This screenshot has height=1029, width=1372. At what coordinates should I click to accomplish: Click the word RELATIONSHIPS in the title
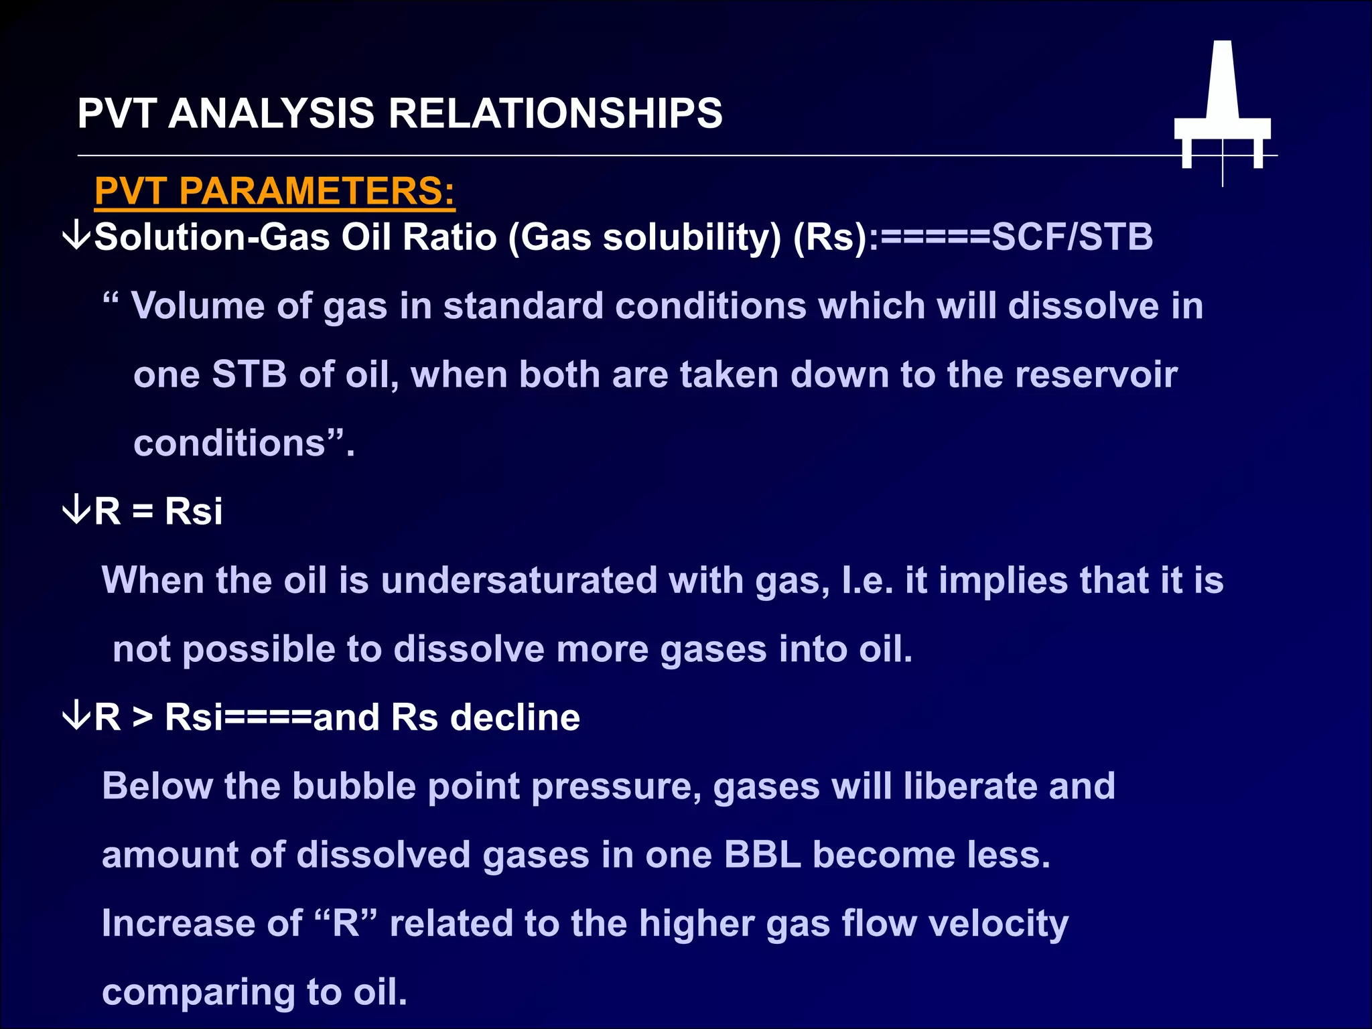click(555, 113)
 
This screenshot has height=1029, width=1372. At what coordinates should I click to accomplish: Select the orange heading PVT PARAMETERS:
click(275, 191)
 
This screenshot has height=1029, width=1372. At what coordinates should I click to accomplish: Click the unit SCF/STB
click(1072, 237)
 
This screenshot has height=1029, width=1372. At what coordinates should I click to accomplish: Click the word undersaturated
click(519, 580)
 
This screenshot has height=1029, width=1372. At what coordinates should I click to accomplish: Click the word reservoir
click(1096, 374)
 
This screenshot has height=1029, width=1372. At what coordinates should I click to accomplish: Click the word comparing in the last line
click(198, 993)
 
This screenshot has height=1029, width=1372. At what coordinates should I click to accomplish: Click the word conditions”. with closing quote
click(243, 443)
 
